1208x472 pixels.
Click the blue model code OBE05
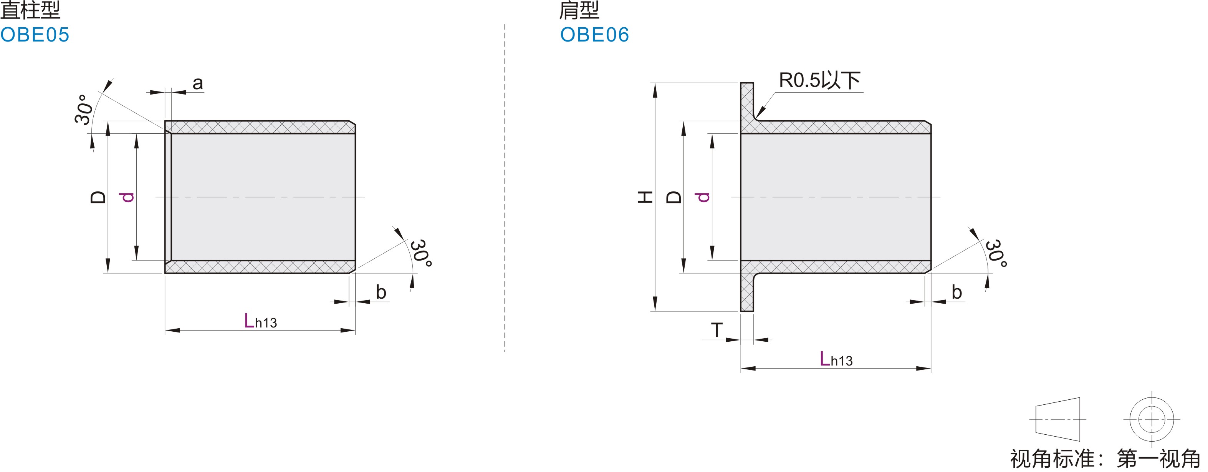pos(35,35)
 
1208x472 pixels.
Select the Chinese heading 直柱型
pos(30,10)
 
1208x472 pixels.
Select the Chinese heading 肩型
pos(579,10)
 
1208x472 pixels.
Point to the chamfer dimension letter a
pos(197,83)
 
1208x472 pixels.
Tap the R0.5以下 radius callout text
pos(819,80)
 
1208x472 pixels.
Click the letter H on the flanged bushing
pos(645,197)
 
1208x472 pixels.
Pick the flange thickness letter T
pos(717,330)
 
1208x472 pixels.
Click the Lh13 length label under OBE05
pos(260,321)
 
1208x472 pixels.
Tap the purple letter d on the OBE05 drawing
pos(127,197)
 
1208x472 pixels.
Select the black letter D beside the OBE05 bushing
pos(98,197)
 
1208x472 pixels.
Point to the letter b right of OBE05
pos(381,292)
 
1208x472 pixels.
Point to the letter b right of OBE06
pos(956,292)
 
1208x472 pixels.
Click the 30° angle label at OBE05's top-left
pos(83,110)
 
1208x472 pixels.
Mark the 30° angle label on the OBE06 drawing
pos(996,254)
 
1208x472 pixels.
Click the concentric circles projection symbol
pos(1151,419)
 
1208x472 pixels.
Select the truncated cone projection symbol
pos(1057,419)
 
